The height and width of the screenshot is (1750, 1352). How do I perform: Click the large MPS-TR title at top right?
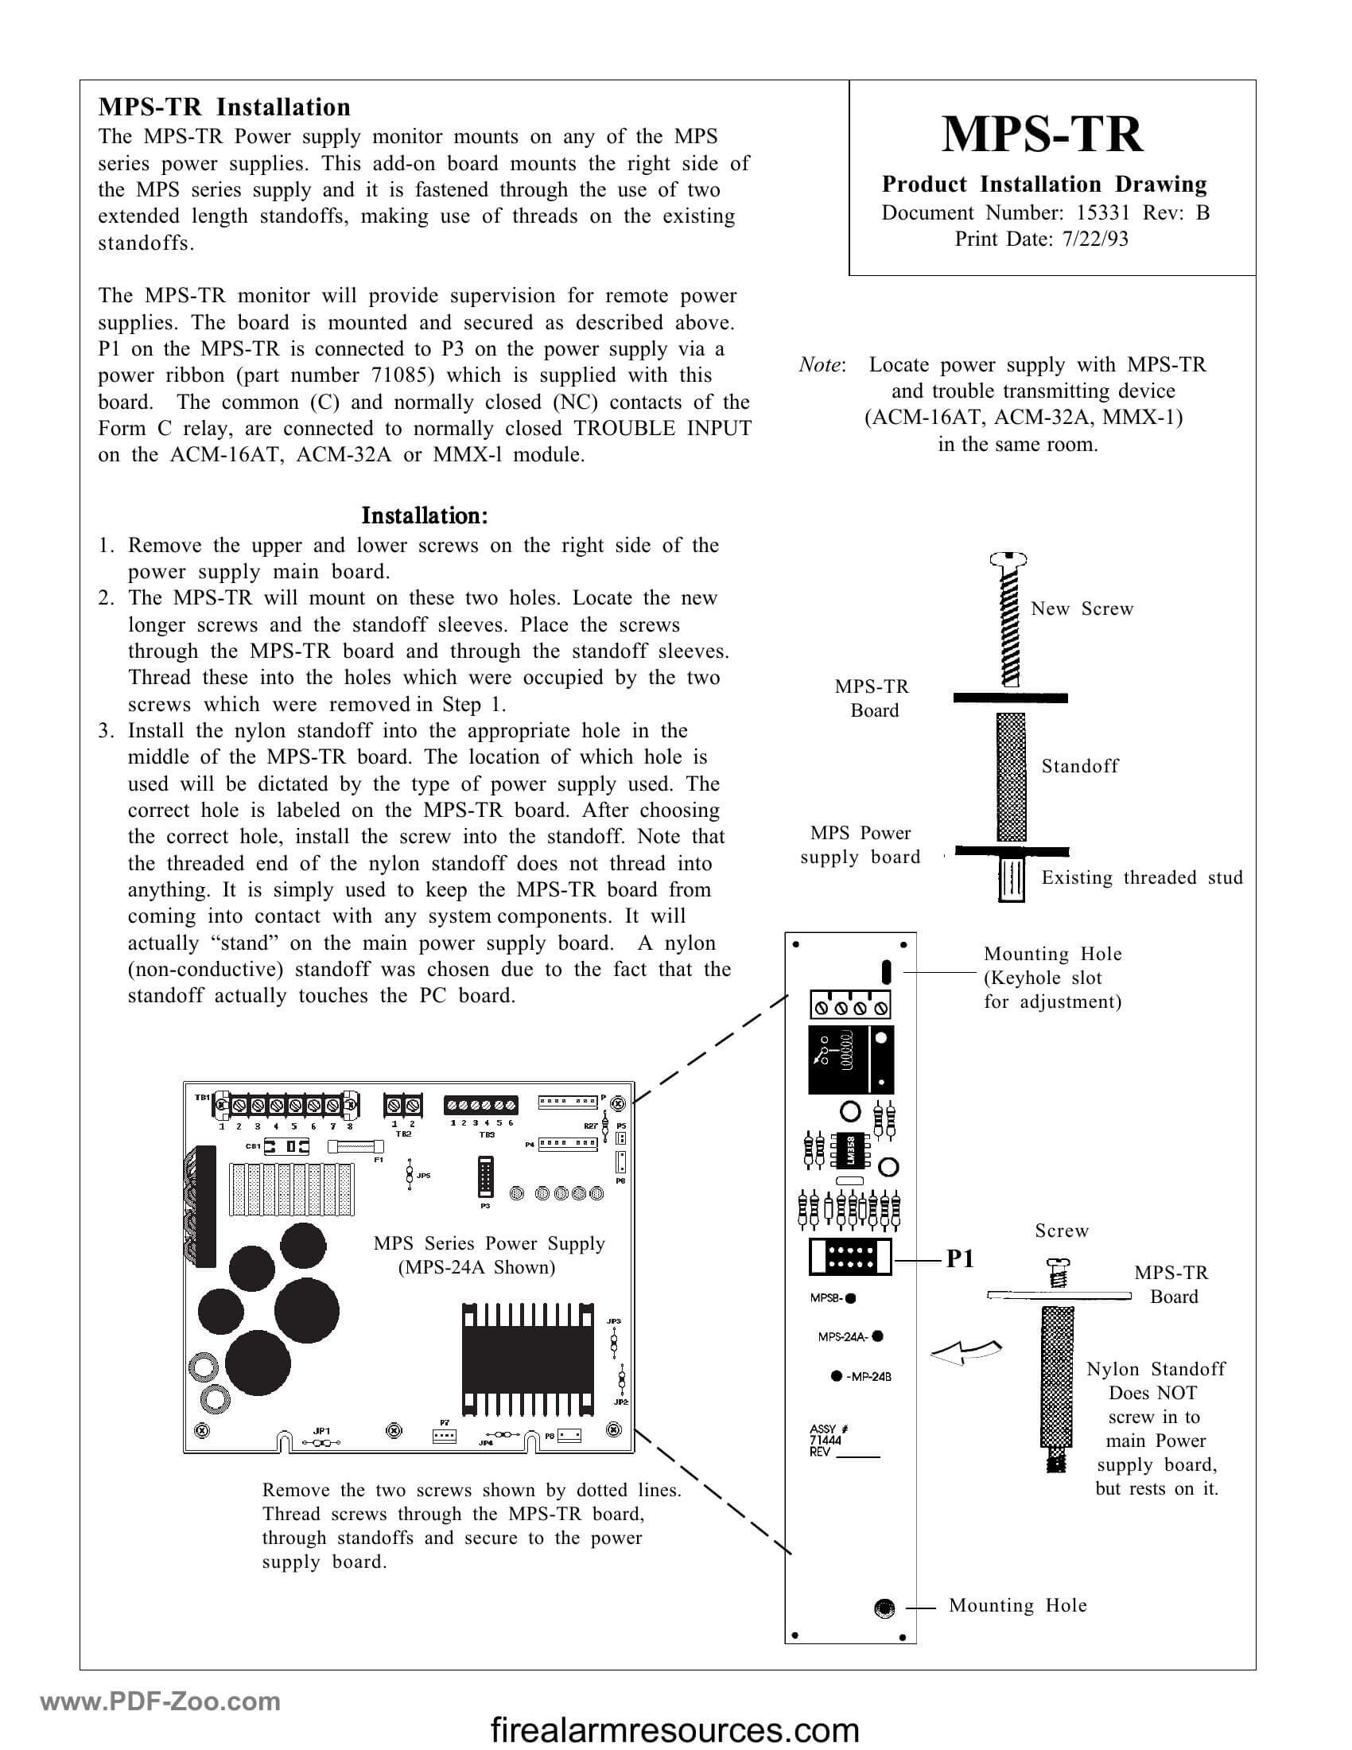pos(1042,134)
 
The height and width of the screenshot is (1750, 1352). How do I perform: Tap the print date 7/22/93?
pos(1095,239)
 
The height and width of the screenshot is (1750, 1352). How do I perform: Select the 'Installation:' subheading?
pos(425,515)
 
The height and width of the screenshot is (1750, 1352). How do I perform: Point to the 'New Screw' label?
pos(1082,609)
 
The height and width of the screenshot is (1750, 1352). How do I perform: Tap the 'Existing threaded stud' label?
pos(1141,878)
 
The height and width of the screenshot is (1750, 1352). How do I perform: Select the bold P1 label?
pos(961,1260)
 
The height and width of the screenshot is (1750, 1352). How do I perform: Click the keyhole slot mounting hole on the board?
pos(886,972)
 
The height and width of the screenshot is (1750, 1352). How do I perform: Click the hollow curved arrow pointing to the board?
pos(966,1353)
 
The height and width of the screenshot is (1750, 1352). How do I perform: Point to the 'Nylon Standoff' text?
pos(1155,1370)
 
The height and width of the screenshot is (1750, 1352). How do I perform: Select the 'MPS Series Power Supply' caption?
pos(488,1243)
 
